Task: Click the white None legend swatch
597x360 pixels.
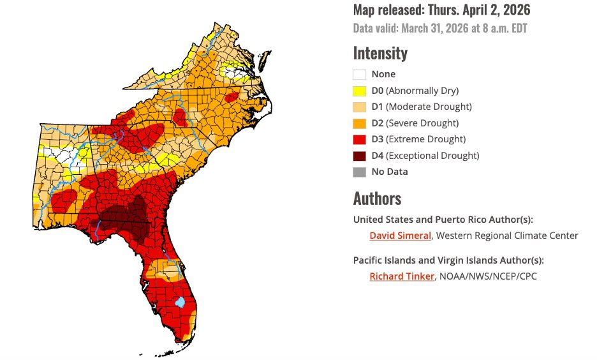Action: coord(359,74)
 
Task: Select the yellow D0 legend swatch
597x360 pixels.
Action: coord(359,91)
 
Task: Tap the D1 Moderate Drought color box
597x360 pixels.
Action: coord(359,107)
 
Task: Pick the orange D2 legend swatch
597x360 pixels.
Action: coord(359,123)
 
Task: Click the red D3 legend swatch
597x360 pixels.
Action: coord(359,139)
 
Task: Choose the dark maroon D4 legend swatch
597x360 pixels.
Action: coord(359,156)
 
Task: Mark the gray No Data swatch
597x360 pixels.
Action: coord(359,172)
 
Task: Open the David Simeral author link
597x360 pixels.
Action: coord(401,236)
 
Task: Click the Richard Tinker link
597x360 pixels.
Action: coord(402,276)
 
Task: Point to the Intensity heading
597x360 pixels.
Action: coord(380,52)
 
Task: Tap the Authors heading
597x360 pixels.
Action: coord(377,198)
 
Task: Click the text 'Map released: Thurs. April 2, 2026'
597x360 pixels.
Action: coord(441,10)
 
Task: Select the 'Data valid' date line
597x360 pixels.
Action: coord(440,28)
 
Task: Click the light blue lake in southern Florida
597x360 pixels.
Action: coord(180,301)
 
